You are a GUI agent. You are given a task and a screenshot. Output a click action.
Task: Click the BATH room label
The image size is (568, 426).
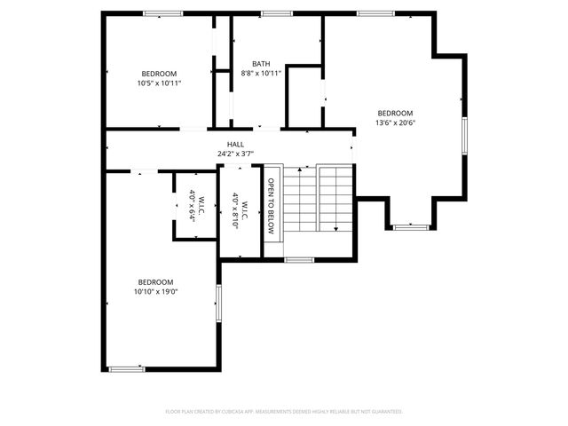pyautogui.click(x=261, y=64)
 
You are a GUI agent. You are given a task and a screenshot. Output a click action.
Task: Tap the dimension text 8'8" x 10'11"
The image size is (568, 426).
pyautogui.click(x=261, y=74)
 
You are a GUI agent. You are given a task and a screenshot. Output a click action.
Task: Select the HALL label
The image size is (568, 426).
pyautogui.click(x=235, y=144)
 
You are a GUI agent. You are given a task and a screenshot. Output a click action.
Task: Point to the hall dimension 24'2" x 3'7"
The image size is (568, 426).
pyautogui.click(x=235, y=154)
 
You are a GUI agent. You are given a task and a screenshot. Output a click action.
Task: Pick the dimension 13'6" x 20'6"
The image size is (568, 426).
pyautogui.click(x=396, y=122)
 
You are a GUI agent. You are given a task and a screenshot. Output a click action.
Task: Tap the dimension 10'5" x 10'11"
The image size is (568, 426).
pyautogui.click(x=159, y=83)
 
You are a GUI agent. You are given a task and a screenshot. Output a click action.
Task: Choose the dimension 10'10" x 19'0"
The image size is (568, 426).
pyautogui.click(x=155, y=291)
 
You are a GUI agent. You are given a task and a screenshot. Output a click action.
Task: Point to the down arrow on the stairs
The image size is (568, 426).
pyautogui.click(x=336, y=228)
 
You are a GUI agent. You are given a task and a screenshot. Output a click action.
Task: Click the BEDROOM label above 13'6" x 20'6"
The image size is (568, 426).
pyautogui.click(x=396, y=113)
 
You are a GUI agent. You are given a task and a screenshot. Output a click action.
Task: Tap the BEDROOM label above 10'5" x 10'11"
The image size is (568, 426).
pyautogui.click(x=159, y=74)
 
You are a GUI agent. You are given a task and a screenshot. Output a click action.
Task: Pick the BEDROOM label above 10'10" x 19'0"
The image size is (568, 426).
pyautogui.click(x=155, y=281)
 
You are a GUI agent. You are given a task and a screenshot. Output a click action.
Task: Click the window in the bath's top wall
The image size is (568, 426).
pyautogui.click(x=277, y=13)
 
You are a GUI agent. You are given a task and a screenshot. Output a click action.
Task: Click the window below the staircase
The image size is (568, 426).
pyautogui.click(x=299, y=259)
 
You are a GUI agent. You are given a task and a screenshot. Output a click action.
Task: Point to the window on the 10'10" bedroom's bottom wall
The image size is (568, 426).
pyautogui.click(x=126, y=368)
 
